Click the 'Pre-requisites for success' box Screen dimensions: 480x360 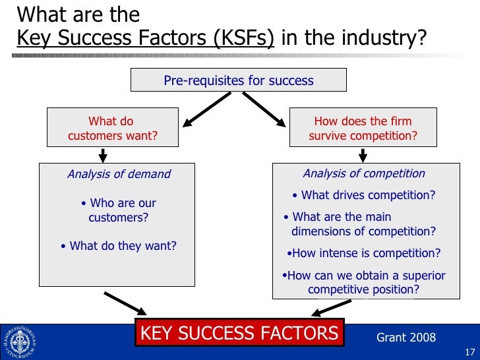[239, 80]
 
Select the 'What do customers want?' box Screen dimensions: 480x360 [112, 129]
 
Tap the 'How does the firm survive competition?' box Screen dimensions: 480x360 [363, 129]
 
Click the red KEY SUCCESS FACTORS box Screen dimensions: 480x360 [239, 333]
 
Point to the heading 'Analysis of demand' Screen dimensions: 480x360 [119, 174]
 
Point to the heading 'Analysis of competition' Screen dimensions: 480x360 [363, 173]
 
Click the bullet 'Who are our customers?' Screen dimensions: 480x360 [119, 210]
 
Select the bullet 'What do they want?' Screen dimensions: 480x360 [119, 246]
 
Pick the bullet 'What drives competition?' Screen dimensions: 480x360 [363, 195]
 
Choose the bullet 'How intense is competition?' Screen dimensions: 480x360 [364, 254]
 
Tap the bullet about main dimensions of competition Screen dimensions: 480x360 [360, 224]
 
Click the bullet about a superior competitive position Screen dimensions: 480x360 [363, 283]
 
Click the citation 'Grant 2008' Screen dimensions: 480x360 [405, 338]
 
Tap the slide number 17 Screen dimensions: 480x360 [470, 351]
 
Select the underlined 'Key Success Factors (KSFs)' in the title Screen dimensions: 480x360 [145, 38]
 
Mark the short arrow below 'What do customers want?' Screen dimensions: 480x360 [103, 154]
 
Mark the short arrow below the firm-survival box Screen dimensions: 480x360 [363, 154]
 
